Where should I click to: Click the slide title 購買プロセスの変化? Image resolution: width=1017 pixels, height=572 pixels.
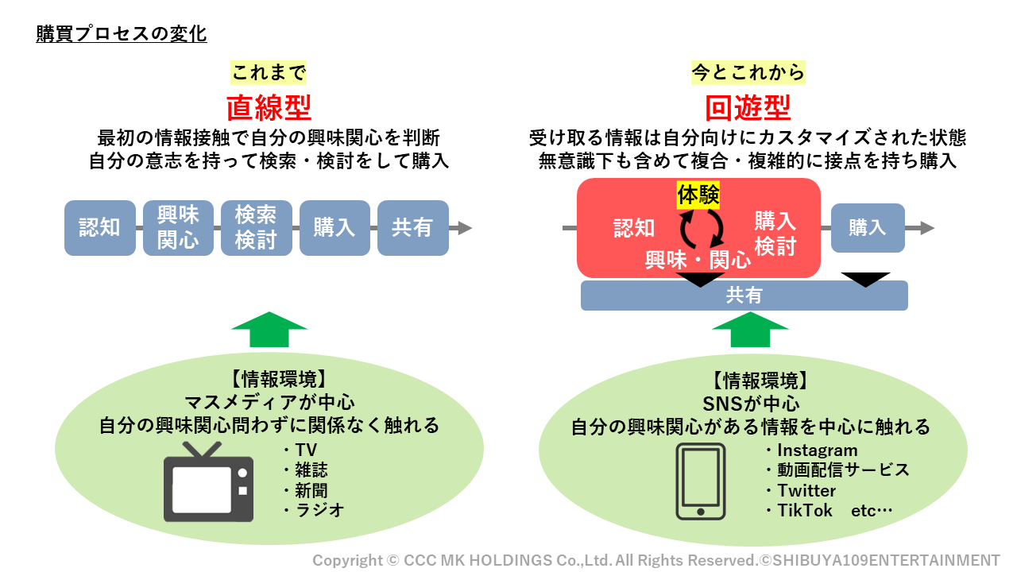(122, 34)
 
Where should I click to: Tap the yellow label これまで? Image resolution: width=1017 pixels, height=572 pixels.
(269, 73)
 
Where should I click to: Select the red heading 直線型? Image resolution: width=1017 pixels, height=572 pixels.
(269, 106)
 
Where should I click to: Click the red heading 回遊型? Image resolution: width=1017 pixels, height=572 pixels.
(748, 106)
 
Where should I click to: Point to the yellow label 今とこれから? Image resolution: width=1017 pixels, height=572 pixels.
(748, 73)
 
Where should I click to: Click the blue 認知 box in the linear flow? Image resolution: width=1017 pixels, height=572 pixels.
(99, 228)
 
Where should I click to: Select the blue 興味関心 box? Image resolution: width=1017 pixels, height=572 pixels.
(178, 228)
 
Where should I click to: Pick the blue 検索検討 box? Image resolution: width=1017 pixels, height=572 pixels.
(256, 228)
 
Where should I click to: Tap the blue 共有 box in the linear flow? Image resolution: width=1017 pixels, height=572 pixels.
(412, 228)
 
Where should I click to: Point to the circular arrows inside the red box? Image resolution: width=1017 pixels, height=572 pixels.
(701, 228)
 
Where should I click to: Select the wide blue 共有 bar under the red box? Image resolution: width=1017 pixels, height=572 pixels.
(744, 296)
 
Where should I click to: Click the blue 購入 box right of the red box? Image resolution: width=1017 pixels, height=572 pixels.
(868, 228)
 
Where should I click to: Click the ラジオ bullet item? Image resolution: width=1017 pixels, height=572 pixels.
(314, 510)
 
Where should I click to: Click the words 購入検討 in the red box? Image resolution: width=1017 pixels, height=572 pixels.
(775, 234)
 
